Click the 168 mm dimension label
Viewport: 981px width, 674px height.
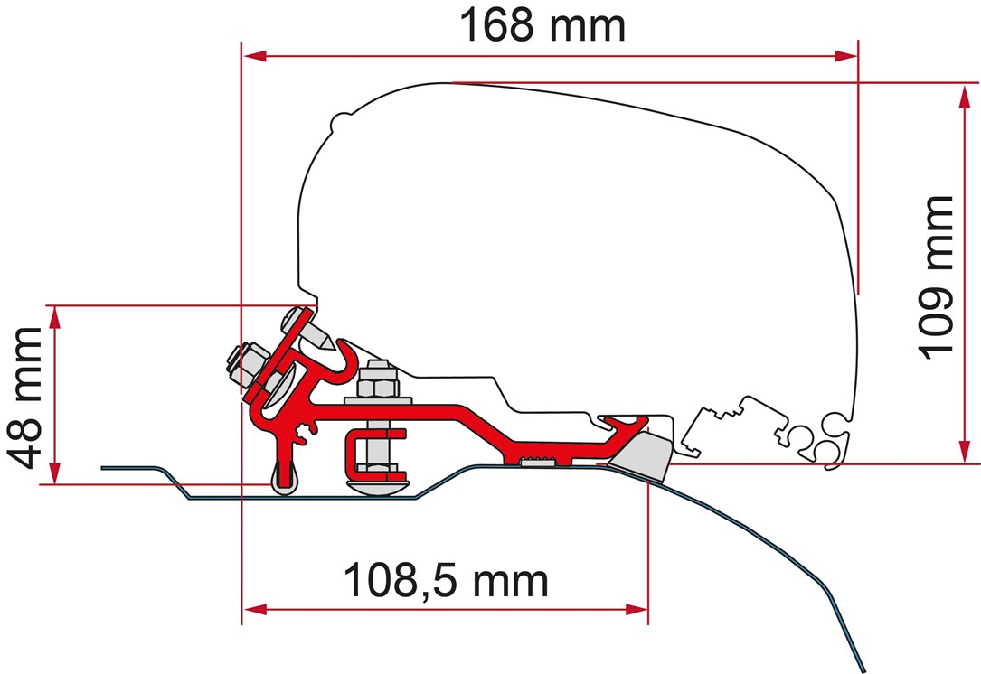[x=542, y=25]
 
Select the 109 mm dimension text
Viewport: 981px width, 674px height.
[x=937, y=278]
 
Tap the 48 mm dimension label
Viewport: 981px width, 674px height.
[x=25, y=398]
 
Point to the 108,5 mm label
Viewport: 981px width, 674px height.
[x=446, y=582]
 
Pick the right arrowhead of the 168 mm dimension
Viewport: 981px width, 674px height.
[x=846, y=56]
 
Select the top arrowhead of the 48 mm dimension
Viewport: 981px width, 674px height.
[x=55, y=318]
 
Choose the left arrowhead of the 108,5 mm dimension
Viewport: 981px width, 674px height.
[x=255, y=609]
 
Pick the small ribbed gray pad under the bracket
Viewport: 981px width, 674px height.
[x=537, y=462]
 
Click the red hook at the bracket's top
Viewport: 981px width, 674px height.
[x=347, y=362]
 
